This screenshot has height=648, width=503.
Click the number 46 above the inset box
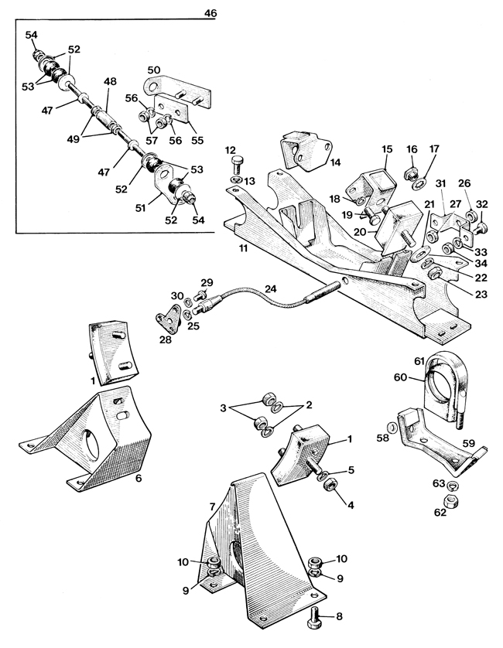(x=210, y=13)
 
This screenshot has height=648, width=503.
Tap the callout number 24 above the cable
(x=270, y=289)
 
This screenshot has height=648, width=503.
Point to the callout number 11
(x=243, y=248)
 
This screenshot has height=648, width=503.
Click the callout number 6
(x=139, y=478)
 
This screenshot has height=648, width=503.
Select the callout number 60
(x=400, y=377)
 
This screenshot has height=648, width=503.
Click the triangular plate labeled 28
(x=169, y=319)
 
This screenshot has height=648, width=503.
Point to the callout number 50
(x=153, y=70)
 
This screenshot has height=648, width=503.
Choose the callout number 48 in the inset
(x=110, y=81)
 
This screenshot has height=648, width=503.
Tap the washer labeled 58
(x=392, y=427)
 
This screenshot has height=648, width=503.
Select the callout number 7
(x=212, y=506)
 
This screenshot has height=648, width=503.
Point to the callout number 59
(x=469, y=443)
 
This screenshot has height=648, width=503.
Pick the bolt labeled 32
(x=481, y=227)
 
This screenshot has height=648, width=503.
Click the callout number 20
(x=360, y=232)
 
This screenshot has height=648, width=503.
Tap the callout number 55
(x=197, y=140)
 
